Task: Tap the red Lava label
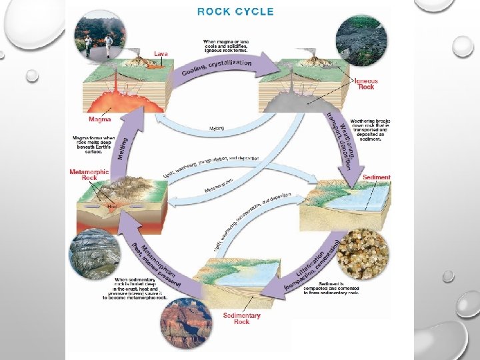161,53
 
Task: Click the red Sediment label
377,178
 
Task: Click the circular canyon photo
186,325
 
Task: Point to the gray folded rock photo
94,253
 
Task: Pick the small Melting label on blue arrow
217,128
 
